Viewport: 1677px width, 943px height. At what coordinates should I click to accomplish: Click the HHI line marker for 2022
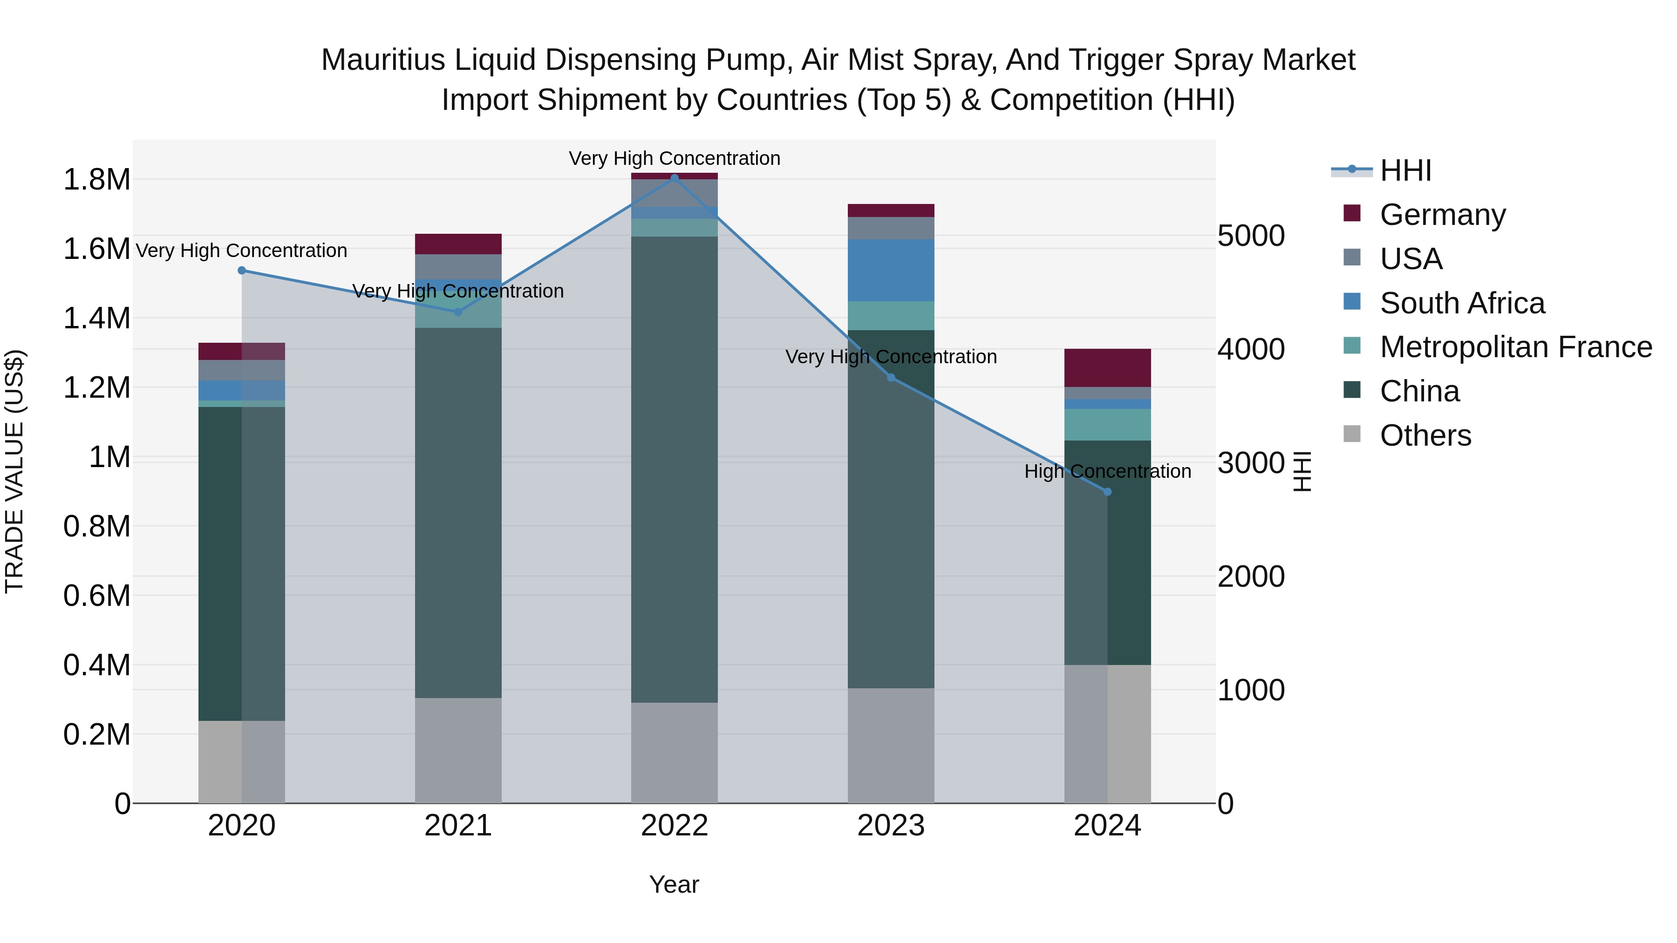pyautogui.click(x=675, y=178)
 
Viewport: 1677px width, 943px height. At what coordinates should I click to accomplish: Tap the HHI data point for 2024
pyautogui.click(x=1107, y=492)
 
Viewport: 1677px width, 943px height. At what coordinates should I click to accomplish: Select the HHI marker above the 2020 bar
pyautogui.click(x=241, y=270)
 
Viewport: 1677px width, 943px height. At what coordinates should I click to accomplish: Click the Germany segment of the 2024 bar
pyautogui.click(x=1107, y=368)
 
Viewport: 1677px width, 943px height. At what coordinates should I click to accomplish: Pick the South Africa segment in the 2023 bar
pyautogui.click(x=891, y=270)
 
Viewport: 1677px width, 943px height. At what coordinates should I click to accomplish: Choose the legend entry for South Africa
pyautogui.click(x=1461, y=303)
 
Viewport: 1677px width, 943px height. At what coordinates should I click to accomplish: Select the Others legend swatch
pyautogui.click(x=1352, y=434)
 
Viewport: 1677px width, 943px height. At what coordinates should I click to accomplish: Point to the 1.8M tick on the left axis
pyautogui.click(x=96, y=180)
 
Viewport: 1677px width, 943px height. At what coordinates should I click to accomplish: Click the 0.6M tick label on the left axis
pyautogui.click(x=96, y=596)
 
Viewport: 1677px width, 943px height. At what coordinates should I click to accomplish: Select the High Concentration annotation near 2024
pyautogui.click(x=1107, y=471)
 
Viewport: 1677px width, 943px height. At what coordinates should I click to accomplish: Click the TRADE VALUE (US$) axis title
pyautogui.click(x=14, y=471)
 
